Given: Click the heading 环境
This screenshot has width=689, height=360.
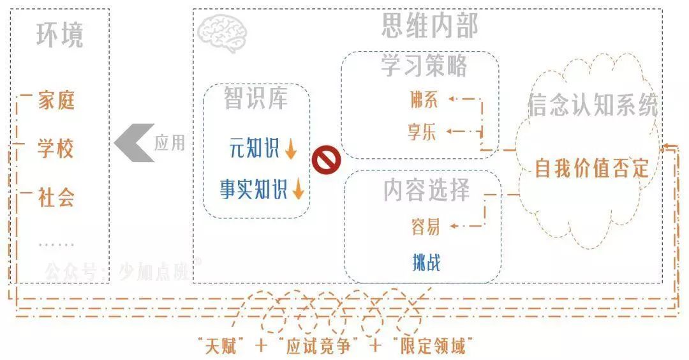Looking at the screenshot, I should [59, 36].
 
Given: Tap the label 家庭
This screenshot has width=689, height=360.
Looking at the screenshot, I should [56, 100].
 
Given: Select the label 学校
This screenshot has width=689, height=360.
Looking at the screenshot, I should [56, 149].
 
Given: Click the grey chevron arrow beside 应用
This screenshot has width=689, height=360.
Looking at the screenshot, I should [133, 142].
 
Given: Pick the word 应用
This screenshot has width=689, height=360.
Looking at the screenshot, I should [169, 142].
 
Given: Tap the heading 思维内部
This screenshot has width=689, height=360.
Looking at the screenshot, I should [429, 26].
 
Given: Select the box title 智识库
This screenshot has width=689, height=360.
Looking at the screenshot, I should [256, 98].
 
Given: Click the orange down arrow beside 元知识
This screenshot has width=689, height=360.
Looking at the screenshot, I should [291, 149].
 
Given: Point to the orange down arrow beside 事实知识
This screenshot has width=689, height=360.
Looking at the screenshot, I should [298, 189].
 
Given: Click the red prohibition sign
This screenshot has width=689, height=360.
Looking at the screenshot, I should [326, 160].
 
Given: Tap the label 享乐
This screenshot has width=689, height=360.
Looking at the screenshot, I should [422, 132].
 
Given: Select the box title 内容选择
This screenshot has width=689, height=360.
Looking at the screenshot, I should [426, 190].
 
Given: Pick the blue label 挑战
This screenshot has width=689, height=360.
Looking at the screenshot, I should [426, 261].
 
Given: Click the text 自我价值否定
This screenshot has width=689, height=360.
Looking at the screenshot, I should [591, 168].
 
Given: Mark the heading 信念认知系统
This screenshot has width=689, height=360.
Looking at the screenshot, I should [593, 106].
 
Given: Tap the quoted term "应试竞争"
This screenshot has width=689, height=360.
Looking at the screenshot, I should [316, 347].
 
